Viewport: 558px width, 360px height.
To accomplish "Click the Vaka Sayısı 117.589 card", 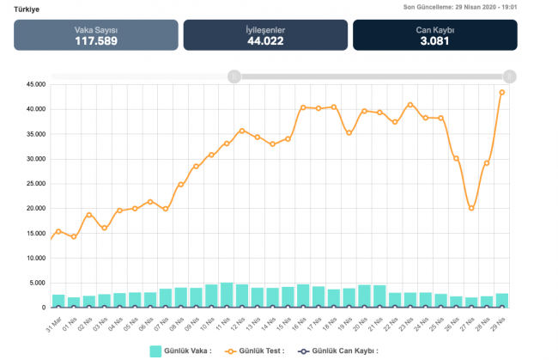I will click(95, 35).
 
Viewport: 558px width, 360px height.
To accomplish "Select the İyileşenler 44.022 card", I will click(265, 35).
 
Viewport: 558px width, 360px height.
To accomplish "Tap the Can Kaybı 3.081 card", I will click(434, 35).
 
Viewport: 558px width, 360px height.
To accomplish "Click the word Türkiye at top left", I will click(27, 9).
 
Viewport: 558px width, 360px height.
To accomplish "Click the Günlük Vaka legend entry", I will click(179, 351).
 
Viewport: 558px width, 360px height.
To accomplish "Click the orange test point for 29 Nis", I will click(502, 92).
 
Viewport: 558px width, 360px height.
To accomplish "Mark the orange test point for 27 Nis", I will click(471, 208).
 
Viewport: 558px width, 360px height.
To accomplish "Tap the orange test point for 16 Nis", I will click(303, 107).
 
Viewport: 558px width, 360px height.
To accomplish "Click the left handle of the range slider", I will click(234, 76).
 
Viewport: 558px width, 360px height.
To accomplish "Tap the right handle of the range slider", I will click(510, 76).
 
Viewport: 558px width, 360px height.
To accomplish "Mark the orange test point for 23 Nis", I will click(410, 105).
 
